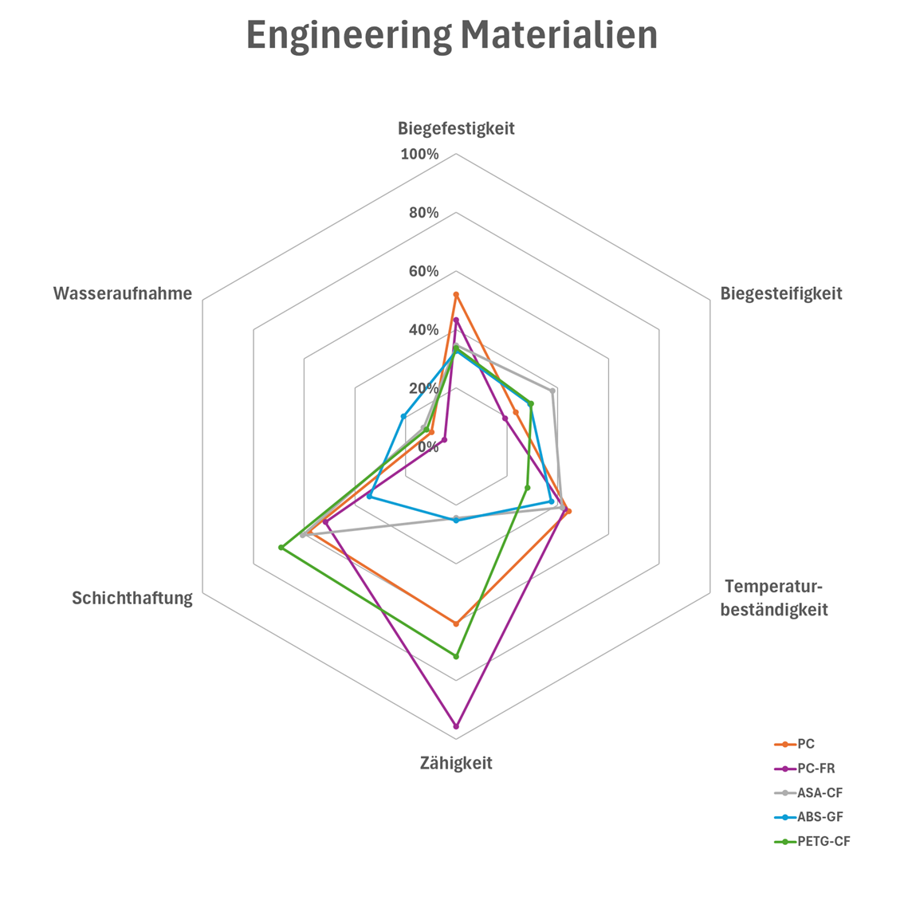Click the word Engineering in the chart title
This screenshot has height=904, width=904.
[x=348, y=36]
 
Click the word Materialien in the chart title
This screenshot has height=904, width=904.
[x=560, y=34]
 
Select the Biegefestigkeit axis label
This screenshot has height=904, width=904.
[x=456, y=128]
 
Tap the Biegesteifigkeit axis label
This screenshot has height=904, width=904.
[x=780, y=293]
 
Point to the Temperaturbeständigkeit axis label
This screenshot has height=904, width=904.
[x=773, y=598]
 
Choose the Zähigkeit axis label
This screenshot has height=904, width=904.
[x=456, y=763]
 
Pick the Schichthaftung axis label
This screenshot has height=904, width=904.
[x=132, y=598]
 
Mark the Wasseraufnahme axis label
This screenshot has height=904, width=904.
[x=123, y=293]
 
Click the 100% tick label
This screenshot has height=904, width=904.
[x=419, y=154]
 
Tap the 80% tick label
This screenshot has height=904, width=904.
[x=423, y=213]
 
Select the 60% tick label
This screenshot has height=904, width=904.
[x=423, y=271]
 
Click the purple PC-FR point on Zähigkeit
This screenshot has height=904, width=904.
[x=456, y=726]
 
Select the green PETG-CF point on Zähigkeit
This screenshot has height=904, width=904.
[x=456, y=656]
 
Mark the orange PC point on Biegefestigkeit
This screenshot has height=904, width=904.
[x=456, y=295]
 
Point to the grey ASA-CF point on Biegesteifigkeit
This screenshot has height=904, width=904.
[x=552, y=391]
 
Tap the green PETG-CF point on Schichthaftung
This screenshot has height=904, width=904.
[x=281, y=548]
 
